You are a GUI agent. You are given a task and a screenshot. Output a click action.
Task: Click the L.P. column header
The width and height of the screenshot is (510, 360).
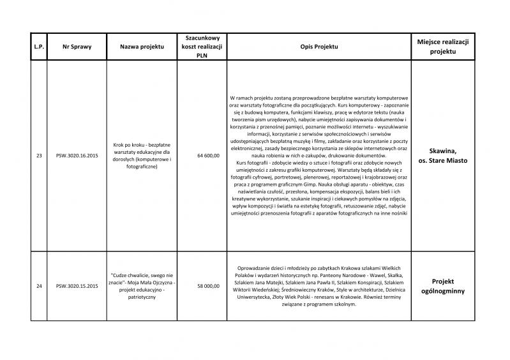click(39, 47)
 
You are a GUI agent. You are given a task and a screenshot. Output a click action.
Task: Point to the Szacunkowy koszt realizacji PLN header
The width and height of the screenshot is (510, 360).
click(199, 47)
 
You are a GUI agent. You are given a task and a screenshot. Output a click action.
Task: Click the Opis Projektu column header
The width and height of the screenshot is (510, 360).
click(319, 47)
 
